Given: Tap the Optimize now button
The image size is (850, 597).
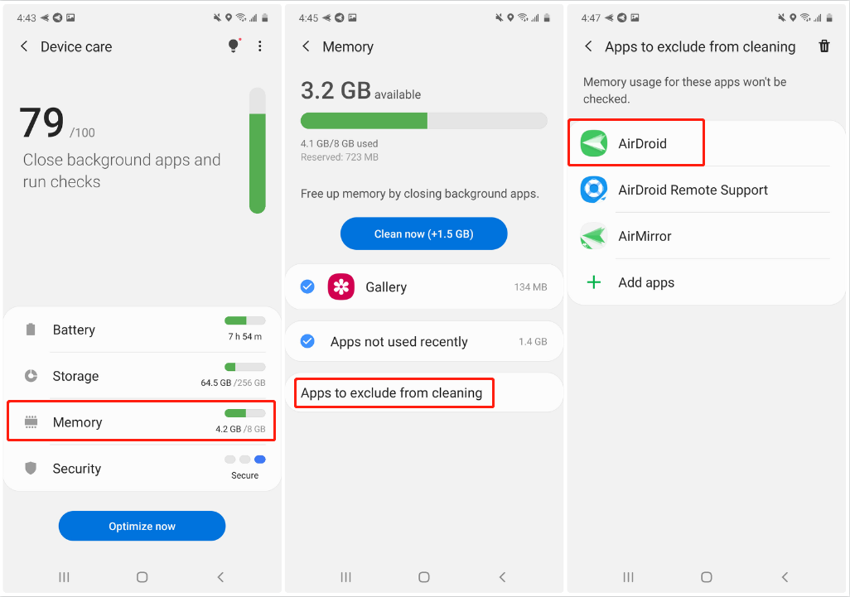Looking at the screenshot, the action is tap(142, 526).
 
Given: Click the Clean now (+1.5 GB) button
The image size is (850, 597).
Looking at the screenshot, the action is tap(424, 234).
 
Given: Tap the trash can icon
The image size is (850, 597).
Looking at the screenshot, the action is tap(824, 46).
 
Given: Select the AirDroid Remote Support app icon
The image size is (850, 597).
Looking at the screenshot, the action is tap(593, 190).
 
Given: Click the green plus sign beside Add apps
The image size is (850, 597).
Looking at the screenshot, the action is tap(594, 282).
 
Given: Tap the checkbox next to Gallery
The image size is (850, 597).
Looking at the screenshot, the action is tap(307, 286).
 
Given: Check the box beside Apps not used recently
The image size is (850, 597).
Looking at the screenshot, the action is tap(307, 341).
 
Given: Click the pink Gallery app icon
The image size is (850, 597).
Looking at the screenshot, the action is tap(341, 286).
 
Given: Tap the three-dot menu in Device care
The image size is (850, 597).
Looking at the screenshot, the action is tap(260, 46).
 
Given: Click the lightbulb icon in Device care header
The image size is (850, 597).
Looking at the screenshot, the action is tap(234, 46).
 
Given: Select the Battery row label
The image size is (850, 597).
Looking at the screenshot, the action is tap(74, 330).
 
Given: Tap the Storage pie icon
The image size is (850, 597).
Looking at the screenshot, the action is tap(31, 375).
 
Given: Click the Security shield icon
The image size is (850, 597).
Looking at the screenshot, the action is tap(31, 468).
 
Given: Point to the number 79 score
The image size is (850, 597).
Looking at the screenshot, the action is tap(41, 123).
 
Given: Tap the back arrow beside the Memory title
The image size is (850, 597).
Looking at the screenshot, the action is tap(307, 46).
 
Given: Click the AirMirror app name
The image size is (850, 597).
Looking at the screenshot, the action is tap(645, 236).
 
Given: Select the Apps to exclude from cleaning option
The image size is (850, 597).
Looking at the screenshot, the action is tap(391, 392).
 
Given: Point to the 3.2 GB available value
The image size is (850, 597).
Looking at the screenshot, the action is tap(360, 91).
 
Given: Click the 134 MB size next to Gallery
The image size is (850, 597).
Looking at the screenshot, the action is tap(531, 287).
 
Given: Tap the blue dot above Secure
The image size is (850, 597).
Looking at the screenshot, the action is tap(260, 460).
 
